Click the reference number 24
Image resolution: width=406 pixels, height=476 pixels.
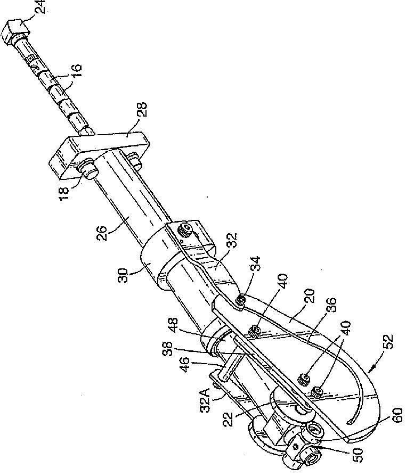click(40, 7)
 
